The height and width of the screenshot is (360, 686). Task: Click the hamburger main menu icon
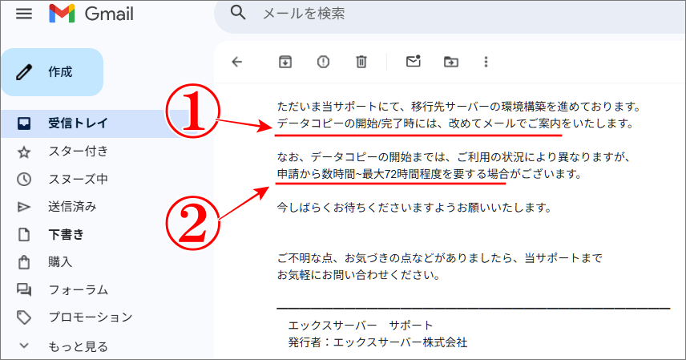(x=23, y=14)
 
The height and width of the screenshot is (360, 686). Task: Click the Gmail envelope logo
(x=62, y=14)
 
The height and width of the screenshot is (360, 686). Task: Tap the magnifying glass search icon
(x=237, y=13)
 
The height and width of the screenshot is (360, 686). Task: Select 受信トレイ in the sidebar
(x=78, y=123)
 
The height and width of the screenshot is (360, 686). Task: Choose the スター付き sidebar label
(x=78, y=151)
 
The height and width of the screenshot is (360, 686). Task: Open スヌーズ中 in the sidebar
(x=78, y=179)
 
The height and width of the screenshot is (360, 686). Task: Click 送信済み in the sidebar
(x=72, y=206)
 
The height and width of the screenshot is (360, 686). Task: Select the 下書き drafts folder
(x=67, y=234)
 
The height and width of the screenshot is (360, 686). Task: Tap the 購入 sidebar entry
(x=60, y=261)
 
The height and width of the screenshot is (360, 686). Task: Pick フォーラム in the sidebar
(x=78, y=289)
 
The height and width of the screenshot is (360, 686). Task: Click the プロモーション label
(x=90, y=317)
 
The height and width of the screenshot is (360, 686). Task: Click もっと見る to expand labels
(x=78, y=346)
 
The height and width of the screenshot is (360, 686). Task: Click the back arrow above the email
(x=236, y=62)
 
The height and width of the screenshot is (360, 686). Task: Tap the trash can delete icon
(x=361, y=62)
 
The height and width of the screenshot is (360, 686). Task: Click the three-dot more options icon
(x=485, y=62)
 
